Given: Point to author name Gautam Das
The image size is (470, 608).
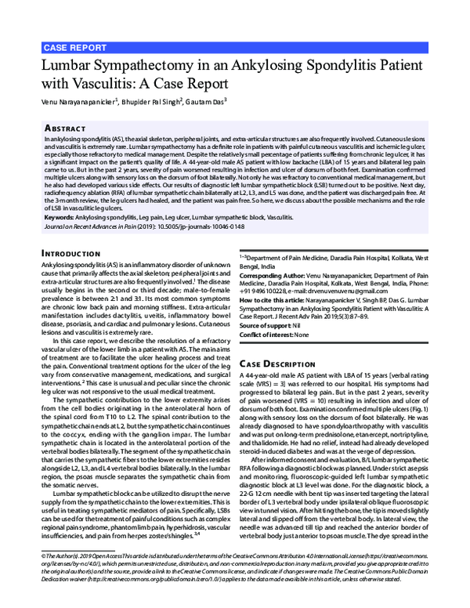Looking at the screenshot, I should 204,101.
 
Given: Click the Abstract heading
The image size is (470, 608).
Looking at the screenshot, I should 65,126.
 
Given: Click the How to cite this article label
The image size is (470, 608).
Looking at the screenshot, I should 280,301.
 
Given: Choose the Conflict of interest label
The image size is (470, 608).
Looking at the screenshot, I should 270,335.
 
